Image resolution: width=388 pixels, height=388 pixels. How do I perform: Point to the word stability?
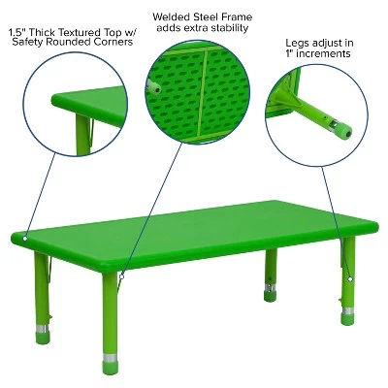click(224, 29)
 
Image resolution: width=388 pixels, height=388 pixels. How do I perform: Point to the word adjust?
click(328, 44)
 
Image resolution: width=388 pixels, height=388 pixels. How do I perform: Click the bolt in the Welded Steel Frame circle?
click(154, 86)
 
